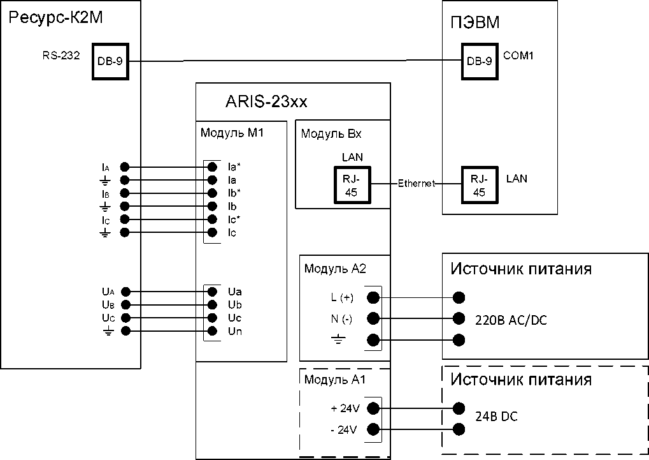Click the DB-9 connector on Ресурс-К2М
110,61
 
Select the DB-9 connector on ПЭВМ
479,61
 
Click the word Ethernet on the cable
417,184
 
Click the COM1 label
518,56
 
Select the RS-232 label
61,56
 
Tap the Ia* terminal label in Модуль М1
234,167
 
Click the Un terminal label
234,331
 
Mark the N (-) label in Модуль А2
339,318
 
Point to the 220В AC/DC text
511,320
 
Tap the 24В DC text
497,417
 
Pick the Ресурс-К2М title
56,20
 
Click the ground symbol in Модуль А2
338,340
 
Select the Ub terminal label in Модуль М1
234,305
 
